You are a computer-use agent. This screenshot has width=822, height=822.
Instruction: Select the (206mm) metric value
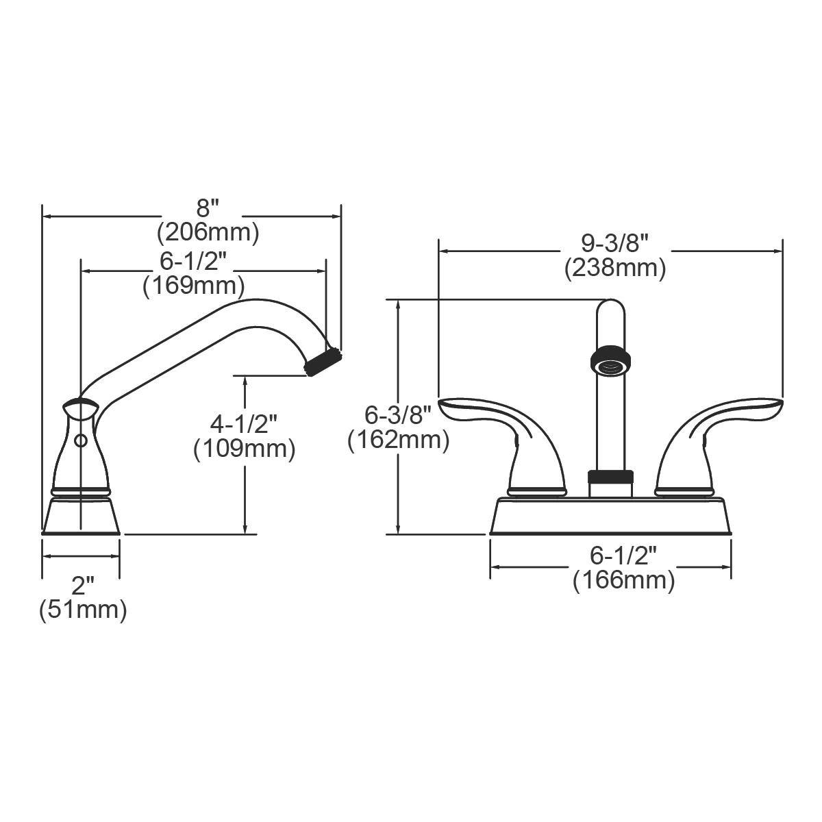click(x=208, y=233)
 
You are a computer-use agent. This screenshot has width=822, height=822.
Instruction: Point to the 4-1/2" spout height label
click(x=243, y=424)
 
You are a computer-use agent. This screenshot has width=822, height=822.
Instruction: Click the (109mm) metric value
click(x=244, y=449)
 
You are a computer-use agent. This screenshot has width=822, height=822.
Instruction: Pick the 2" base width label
click(x=82, y=586)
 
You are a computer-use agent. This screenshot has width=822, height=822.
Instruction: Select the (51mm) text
click(x=82, y=609)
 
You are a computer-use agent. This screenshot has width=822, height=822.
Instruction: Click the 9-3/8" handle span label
click(x=614, y=242)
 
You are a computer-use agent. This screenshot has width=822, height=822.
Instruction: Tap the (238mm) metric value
click(x=614, y=268)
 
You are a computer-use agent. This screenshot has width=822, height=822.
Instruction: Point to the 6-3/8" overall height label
click(x=398, y=415)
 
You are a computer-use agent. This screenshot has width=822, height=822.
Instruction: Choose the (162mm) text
click(x=398, y=440)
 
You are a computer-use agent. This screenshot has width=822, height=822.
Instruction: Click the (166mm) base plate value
click(x=623, y=581)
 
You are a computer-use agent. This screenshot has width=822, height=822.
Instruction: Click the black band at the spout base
click(x=610, y=477)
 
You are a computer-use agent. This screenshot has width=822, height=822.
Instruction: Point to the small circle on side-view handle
click(x=80, y=441)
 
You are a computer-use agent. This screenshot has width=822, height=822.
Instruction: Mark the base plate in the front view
click(x=610, y=517)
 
